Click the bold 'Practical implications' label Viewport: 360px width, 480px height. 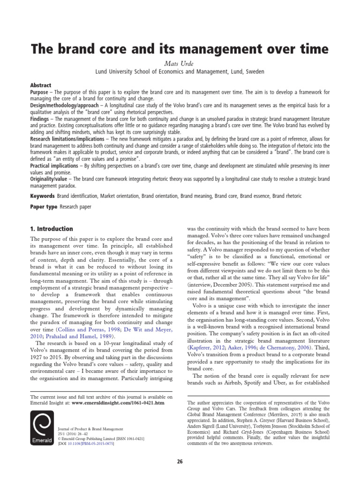57,166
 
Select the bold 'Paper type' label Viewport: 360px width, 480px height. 44,206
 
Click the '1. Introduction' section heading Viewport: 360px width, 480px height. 52,229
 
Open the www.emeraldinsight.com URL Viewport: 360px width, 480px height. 120,403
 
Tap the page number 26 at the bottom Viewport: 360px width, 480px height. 180,462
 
